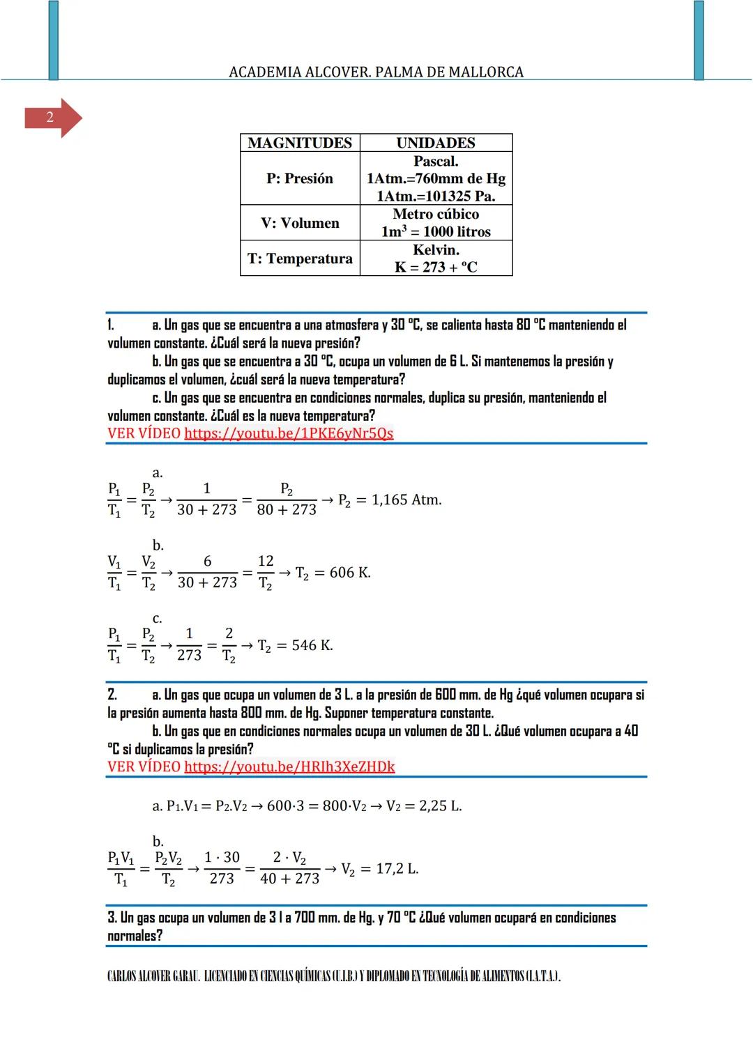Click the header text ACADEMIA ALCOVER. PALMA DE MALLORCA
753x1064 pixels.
click(376, 72)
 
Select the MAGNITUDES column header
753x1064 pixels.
click(300, 143)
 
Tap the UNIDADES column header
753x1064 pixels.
click(436, 143)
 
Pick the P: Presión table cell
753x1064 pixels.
click(300, 178)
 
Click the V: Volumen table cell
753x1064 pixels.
click(300, 223)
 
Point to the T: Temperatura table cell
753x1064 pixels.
click(300, 259)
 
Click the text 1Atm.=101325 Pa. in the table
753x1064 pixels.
click(436, 196)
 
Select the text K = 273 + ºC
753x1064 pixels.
click(436, 267)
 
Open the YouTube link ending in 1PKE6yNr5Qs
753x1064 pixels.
click(289, 433)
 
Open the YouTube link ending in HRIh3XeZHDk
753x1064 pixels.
click(289, 767)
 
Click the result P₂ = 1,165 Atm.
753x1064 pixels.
click(390, 500)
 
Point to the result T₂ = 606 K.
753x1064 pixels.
click(333, 573)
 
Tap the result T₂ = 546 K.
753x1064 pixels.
click(295, 646)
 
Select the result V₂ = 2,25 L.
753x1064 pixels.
click(424, 806)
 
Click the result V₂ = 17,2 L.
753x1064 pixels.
click(379, 869)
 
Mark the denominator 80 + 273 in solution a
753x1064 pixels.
click(287, 510)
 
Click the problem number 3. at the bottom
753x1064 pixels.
click(112, 918)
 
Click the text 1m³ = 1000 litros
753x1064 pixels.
click(436, 231)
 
